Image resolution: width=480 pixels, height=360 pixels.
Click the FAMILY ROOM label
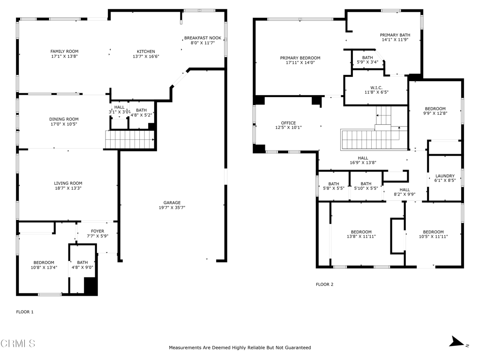point(64,52)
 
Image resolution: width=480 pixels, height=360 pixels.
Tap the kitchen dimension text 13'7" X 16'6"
point(146,56)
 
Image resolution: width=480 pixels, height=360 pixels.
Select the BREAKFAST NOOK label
point(202,38)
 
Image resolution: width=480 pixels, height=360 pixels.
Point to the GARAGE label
point(172,202)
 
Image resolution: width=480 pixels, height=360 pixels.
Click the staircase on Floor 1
point(130,140)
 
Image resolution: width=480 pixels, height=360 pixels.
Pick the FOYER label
point(97,231)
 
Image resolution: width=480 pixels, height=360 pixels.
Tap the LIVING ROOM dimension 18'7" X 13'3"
point(68,188)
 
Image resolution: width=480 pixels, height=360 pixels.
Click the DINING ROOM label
point(64,119)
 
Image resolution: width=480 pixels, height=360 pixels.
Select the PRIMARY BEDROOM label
point(300,58)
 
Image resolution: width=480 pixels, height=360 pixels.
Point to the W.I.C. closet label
point(376,88)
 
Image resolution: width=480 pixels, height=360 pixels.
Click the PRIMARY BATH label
point(395,35)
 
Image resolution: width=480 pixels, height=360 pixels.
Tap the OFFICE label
point(288,123)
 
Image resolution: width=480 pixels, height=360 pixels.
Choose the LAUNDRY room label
point(445,176)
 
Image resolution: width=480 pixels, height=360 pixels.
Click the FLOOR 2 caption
point(324,285)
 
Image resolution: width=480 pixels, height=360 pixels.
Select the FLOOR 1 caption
point(25,312)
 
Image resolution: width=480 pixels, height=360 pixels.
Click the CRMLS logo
point(18,344)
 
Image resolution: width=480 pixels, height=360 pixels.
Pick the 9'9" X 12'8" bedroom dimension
point(435,113)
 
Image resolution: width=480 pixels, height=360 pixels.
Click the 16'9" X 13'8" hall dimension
point(363,163)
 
